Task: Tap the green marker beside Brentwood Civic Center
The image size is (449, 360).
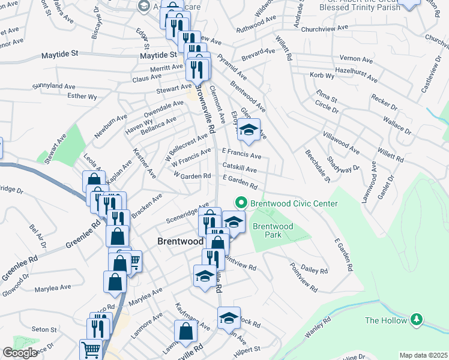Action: (241, 203)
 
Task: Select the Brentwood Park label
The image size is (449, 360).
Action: (273, 230)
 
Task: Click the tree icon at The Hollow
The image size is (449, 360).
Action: (415, 320)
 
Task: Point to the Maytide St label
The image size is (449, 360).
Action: (60, 54)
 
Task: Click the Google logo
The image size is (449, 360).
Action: (20, 353)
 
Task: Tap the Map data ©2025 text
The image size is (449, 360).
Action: (423, 355)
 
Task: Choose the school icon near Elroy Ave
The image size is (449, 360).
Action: (248, 130)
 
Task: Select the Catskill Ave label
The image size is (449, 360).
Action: (240, 167)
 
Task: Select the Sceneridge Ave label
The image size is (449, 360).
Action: (187, 212)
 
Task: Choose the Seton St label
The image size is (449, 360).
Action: (44, 329)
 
